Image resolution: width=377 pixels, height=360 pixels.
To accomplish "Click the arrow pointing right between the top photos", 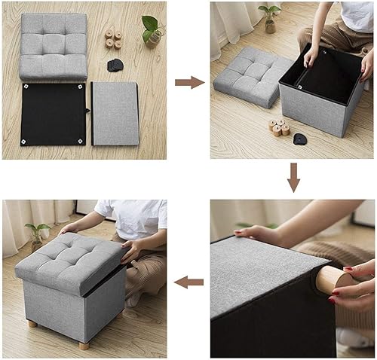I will [x=189, y=82].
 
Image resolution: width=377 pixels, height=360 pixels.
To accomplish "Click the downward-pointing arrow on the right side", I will [x=294, y=178].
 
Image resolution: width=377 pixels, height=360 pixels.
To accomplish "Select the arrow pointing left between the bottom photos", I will [x=189, y=282].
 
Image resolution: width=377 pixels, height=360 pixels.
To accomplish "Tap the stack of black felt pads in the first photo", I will [x=117, y=64].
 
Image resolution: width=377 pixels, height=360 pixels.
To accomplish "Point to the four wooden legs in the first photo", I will [x=115, y=38].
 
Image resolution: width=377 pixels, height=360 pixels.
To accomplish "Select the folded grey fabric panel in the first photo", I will [x=115, y=113].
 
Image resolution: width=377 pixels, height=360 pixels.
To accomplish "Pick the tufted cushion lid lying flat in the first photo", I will [x=53, y=44].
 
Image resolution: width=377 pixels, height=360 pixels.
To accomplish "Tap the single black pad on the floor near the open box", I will [x=299, y=139].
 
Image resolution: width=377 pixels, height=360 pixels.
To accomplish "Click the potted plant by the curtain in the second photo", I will [x=268, y=18].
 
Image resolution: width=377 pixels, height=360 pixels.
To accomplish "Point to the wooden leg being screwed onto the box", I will [x=333, y=281].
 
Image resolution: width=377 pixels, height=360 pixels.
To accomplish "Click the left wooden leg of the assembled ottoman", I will [x=32, y=323].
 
